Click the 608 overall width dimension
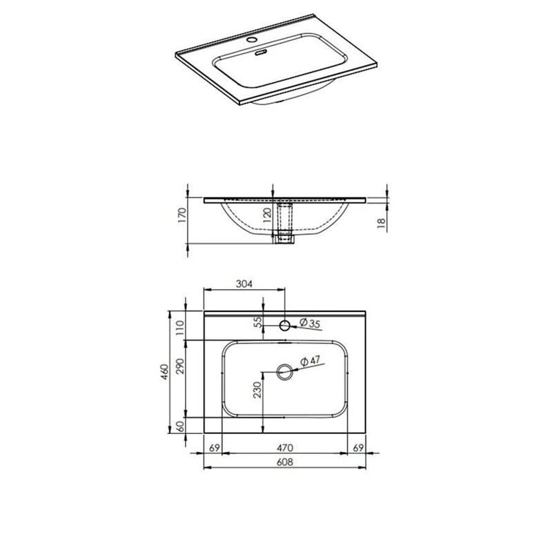[x=284, y=462]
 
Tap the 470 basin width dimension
[x=284, y=448]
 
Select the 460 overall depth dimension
[x=165, y=372]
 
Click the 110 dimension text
[x=180, y=328]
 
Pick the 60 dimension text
[x=180, y=426]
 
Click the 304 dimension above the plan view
[x=244, y=284]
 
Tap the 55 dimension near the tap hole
[x=258, y=322]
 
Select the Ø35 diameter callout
[x=310, y=323]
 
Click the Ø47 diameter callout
[x=310, y=361]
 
